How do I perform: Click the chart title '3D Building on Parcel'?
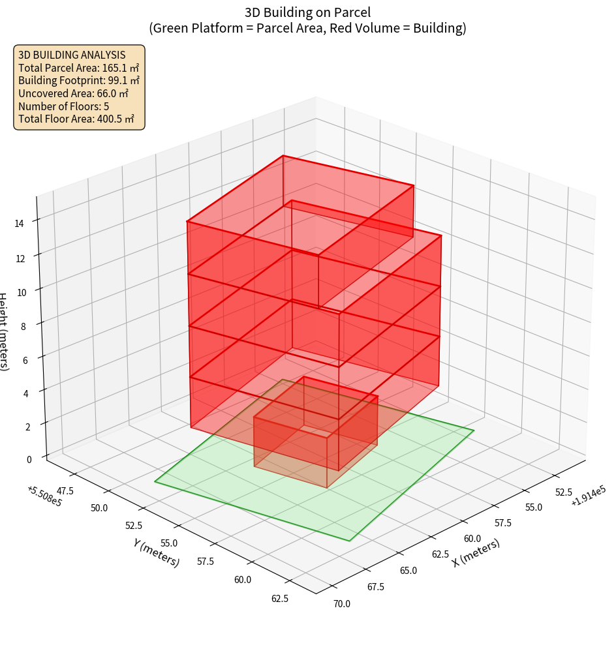[x=307, y=12]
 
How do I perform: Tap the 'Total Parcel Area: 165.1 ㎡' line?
[x=78, y=68]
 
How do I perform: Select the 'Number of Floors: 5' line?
[x=63, y=106]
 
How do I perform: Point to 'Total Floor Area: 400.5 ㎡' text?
[x=76, y=119]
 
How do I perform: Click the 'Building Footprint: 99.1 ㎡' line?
[x=79, y=81]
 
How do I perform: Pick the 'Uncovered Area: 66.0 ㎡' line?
[x=73, y=93]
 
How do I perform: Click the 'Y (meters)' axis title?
[x=157, y=552]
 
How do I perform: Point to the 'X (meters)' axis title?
[x=476, y=552]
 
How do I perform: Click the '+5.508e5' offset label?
[x=44, y=496]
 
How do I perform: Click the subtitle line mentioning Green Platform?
[x=307, y=28]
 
